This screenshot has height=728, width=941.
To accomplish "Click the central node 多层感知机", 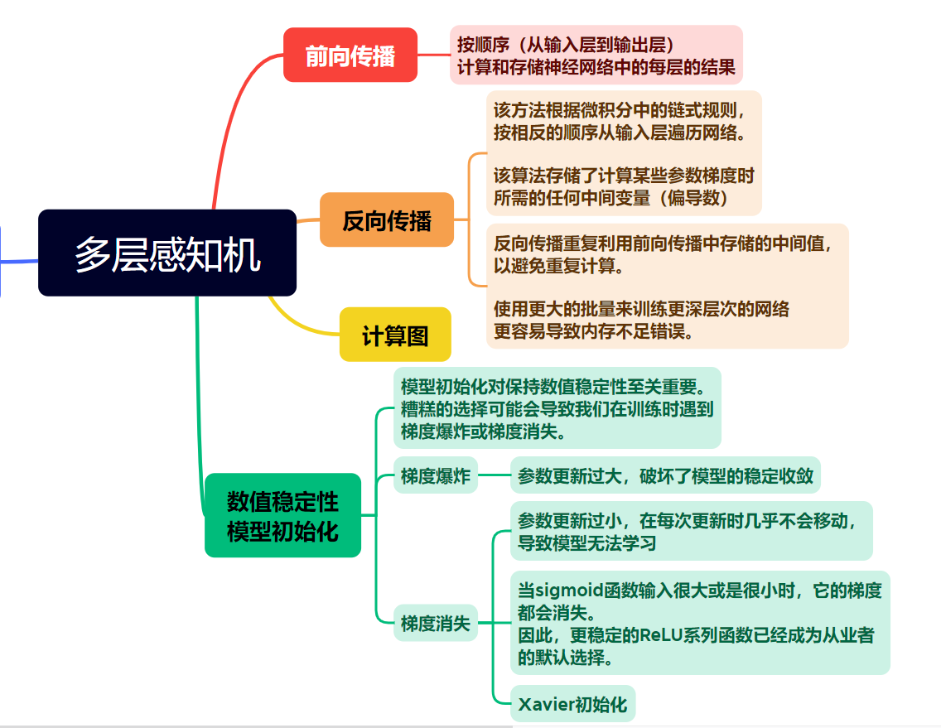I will pyautogui.click(x=167, y=253).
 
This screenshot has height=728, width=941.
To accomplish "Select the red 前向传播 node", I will pyautogui.click(x=350, y=55).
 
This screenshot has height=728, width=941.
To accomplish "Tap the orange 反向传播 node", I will pyautogui.click(x=387, y=220).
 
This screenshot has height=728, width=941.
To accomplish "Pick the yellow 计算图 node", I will pyautogui.click(x=395, y=335).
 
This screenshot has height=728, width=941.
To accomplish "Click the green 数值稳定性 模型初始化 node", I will pyautogui.click(x=282, y=515).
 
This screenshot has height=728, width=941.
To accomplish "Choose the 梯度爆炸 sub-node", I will pyautogui.click(x=436, y=475).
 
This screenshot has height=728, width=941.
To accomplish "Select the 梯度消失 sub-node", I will pyautogui.click(x=436, y=623).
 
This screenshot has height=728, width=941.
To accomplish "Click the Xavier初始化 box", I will pyautogui.click(x=572, y=705).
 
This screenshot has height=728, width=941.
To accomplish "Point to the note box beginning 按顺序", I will pyautogui.click(x=596, y=55).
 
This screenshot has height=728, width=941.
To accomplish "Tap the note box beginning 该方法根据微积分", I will pyautogui.click(x=623, y=153).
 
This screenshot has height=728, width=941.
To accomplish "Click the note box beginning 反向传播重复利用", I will pyautogui.click(x=667, y=287).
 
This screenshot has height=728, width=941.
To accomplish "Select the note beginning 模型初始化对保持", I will pyautogui.click(x=557, y=408).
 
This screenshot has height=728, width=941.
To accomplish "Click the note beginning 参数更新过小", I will pyautogui.click(x=691, y=531).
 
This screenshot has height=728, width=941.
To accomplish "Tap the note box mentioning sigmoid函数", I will pyautogui.click(x=700, y=623).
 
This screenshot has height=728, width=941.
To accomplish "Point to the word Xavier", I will pyautogui.click(x=546, y=705).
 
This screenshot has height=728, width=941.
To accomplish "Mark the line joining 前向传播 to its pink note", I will pyautogui.click(x=433, y=55).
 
